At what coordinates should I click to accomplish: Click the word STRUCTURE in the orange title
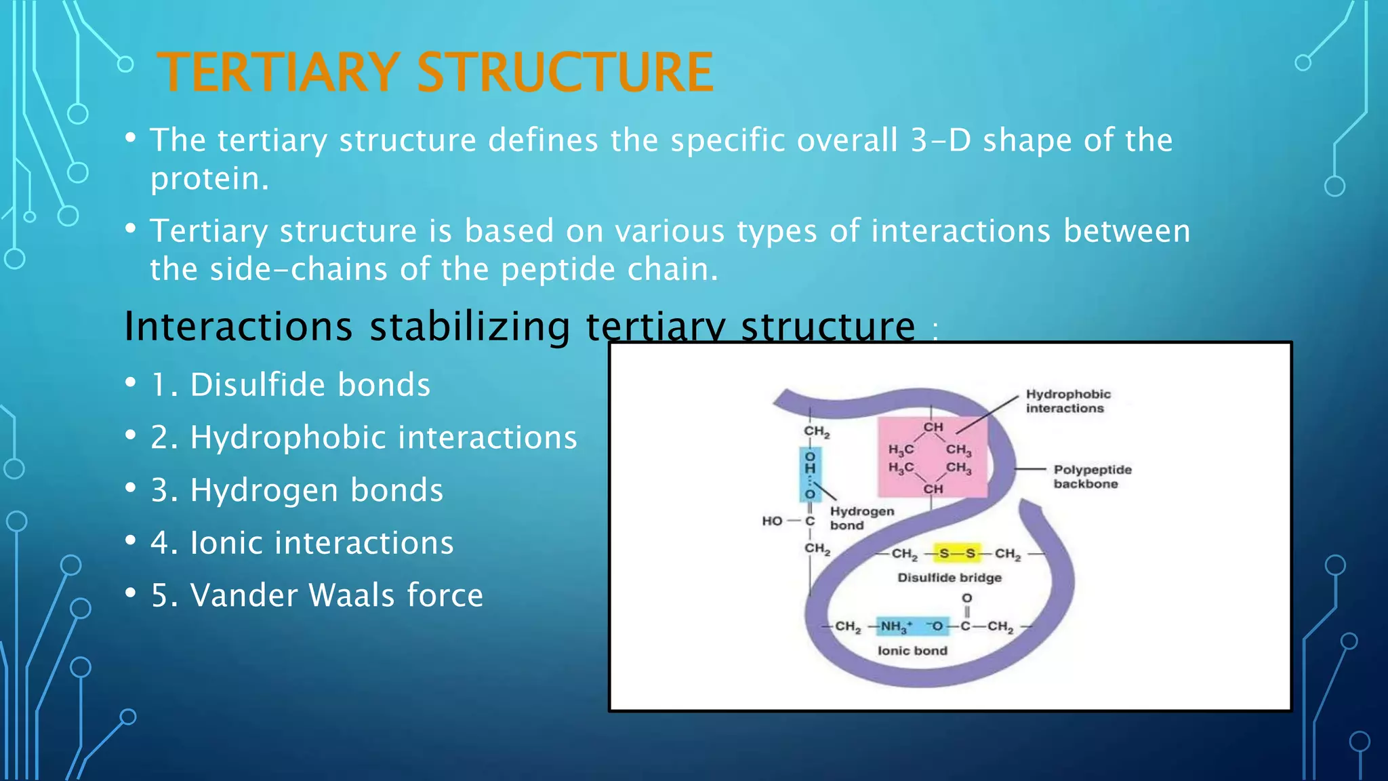[x=565, y=73]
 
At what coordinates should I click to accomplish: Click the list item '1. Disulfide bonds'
[x=290, y=385]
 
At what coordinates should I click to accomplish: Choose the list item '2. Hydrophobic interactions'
[x=363, y=437]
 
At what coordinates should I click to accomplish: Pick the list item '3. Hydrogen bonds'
[x=297, y=490]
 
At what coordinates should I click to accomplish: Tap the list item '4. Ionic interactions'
[x=302, y=543]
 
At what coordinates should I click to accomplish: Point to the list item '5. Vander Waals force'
[x=317, y=595]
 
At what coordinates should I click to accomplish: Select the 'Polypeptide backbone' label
[x=1091, y=477]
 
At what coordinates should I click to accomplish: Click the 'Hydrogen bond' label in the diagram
[x=861, y=518]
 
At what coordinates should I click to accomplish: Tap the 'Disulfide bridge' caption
[x=949, y=578]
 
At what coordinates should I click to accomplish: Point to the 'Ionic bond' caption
[x=912, y=651]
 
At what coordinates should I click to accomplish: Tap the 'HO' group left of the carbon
[x=771, y=521]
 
